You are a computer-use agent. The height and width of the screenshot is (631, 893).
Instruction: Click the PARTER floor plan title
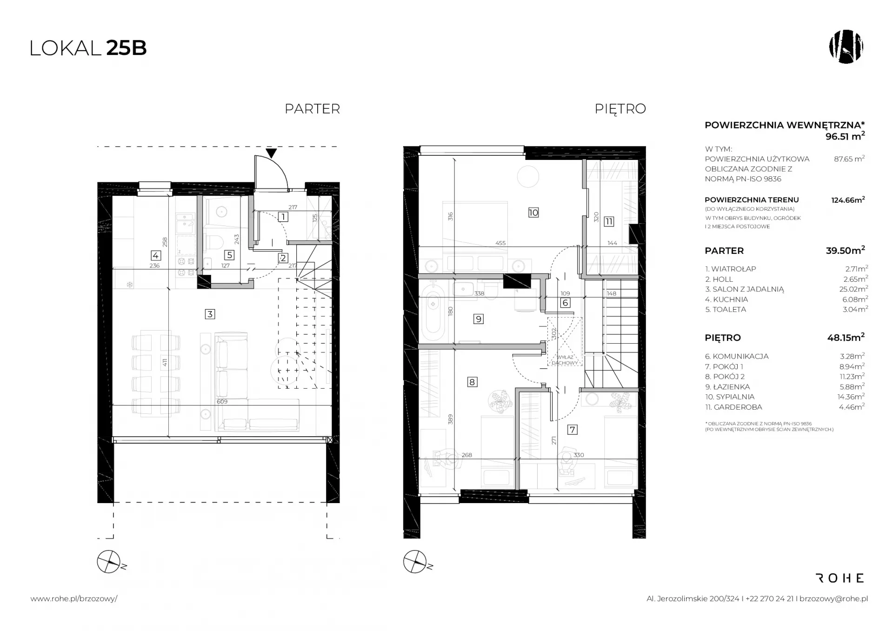click(x=312, y=109)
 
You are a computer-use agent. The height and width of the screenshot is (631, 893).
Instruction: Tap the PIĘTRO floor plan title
click(x=620, y=108)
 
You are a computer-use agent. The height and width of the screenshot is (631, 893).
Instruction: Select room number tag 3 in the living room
click(x=210, y=314)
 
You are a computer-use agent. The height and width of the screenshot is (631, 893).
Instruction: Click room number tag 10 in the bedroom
click(x=533, y=213)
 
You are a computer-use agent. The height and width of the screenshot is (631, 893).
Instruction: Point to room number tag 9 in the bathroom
click(x=478, y=319)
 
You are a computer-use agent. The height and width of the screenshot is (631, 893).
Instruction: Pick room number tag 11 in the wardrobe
click(x=609, y=221)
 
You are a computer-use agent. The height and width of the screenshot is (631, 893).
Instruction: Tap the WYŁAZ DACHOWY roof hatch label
click(x=565, y=360)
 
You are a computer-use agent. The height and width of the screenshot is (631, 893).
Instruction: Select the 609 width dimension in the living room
click(x=222, y=401)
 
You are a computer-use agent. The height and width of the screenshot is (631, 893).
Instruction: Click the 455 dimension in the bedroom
click(x=500, y=243)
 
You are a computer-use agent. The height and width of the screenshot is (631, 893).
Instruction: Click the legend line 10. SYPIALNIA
click(x=730, y=397)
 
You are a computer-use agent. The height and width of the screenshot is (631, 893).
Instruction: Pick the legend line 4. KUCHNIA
click(x=726, y=299)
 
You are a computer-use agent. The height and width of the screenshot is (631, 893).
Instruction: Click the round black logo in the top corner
click(x=846, y=47)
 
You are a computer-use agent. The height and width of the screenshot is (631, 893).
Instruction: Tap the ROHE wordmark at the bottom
click(x=840, y=578)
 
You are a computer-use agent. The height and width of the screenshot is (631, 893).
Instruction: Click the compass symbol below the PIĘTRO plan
click(x=415, y=562)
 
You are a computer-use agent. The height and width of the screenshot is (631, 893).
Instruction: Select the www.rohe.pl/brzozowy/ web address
click(x=74, y=599)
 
